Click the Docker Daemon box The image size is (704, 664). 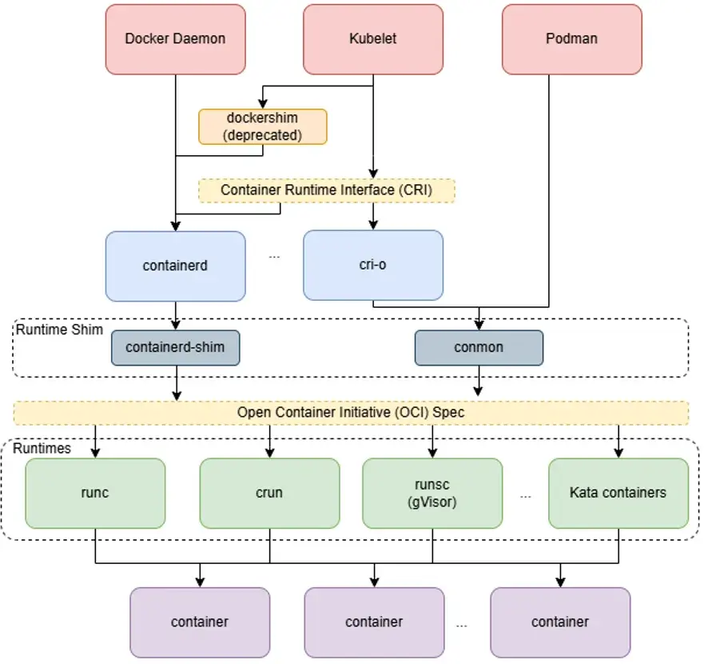click(x=176, y=39)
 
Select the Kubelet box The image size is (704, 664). click(x=373, y=39)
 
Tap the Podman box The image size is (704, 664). click(x=572, y=39)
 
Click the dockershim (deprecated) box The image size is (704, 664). click(x=263, y=126)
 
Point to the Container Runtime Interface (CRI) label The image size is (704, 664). click(x=326, y=190)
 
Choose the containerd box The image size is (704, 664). click(x=176, y=266)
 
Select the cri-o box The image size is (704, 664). click(x=373, y=266)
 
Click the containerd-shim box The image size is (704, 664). click(x=176, y=347)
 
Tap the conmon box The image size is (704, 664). click(x=479, y=347)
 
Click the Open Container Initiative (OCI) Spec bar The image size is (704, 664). click(x=351, y=413)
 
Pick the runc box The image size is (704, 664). click(x=95, y=493)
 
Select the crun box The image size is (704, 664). click(x=269, y=493)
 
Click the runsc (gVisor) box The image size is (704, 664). click(x=432, y=493)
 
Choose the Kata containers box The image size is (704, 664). click(x=618, y=493)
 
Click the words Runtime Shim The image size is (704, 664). click(x=59, y=330)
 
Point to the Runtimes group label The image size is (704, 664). click(x=42, y=448)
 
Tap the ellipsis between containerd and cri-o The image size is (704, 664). click(x=274, y=257)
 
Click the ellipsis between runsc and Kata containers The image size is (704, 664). click(x=526, y=497)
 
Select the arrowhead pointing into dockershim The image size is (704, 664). click(x=263, y=104)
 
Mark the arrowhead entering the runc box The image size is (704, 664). click(x=95, y=453)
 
